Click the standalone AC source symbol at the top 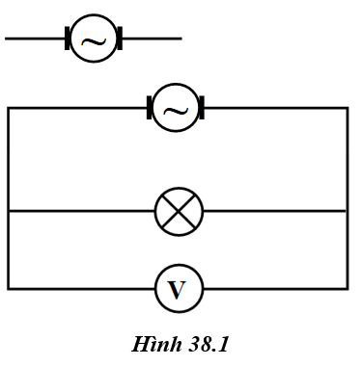[x=94, y=39]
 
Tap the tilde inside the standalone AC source [x=94, y=40]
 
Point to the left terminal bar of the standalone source [x=68, y=39]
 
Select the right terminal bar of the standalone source [x=120, y=39]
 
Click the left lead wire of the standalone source [x=35, y=39]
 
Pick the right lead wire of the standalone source [x=152, y=39]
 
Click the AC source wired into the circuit [x=176, y=108]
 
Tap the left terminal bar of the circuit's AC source [x=150, y=108]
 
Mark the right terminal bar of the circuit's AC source [x=202, y=108]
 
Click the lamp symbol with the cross [x=179, y=211]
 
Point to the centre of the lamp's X [x=179, y=211]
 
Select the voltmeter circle [x=179, y=288]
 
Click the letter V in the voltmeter [x=178, y=289]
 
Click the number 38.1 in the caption [x=206, y=344]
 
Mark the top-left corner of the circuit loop [x=9, y=108]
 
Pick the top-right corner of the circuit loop [x=347, y=108]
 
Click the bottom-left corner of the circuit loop [x=9, y=288]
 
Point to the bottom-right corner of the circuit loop [x=347, y=288]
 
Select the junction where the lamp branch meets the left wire [x=9, y=211]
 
